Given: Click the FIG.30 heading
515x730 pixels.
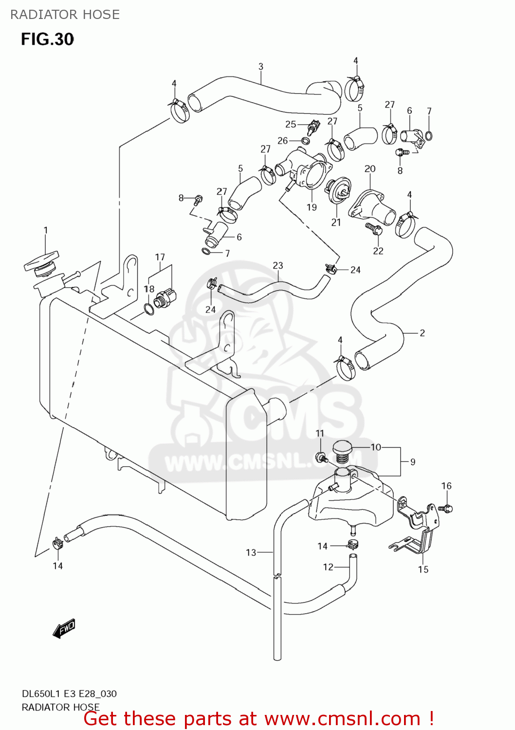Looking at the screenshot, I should pos(47,39).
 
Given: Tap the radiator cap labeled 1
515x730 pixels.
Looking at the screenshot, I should pos(42,261).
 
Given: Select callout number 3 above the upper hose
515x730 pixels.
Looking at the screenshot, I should pos(261,67).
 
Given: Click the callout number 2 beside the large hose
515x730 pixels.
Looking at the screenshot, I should pos(422,333).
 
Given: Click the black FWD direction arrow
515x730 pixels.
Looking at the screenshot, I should pos(64,629).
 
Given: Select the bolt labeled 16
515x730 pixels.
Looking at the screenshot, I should pos(446,508).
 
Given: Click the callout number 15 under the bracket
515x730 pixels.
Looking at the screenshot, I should pos(423,569).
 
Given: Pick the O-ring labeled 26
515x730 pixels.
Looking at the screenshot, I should pos(305,141).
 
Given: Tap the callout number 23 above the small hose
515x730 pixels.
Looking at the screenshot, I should pos(278,266).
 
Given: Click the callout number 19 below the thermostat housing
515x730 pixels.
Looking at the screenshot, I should pos(312,207).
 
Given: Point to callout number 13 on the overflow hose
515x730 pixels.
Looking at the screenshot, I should pos(251,552).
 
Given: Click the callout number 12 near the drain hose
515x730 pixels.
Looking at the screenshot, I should pos(328,567).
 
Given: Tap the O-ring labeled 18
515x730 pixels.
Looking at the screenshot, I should pos(149,309).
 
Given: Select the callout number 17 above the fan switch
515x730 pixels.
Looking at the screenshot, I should pos(160,257).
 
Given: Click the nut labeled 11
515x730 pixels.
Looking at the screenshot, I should pos(321,456).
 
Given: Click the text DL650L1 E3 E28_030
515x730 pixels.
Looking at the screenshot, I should pos(69,694).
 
